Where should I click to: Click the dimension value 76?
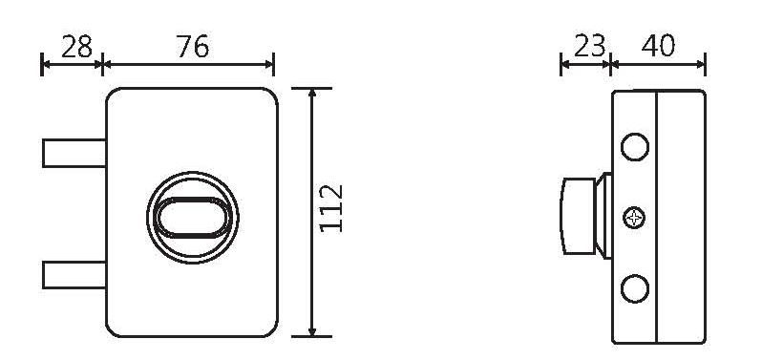[x=192, y=46]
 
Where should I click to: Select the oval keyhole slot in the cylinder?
[x=193, y=218]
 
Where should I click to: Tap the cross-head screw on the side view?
[x=634, y=219]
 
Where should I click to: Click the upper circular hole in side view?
[x=634, y=147]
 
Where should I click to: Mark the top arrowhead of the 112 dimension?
[x=312, y=94]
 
